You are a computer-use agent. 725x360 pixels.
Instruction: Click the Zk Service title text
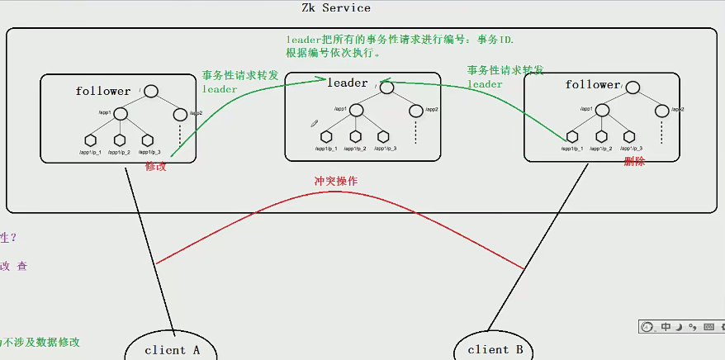pyautogui.click(x=335, y=8)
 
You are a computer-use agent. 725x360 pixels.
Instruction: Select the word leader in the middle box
pyautogui.click(x=347, y=83)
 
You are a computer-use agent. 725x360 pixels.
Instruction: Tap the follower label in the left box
pyautogui.click(x=103, y=91)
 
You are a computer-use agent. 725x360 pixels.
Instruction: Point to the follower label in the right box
pyautogui.click(x=592, y=84)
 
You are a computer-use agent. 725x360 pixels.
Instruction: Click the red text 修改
pyautogui.click(x=156, y=166)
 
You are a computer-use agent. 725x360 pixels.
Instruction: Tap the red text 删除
pyautogui.click(x=634, y=162)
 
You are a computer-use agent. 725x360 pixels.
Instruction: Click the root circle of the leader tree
pyautogui.click(x=386, y=88)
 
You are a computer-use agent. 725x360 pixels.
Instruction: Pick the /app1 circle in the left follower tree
pyautogui.click(x=120, y=113)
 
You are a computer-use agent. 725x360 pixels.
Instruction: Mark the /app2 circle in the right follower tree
pyautogui.click(x=661, y=110)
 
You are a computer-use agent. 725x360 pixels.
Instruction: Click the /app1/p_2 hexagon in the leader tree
pyautogui.click(x=355, y=137)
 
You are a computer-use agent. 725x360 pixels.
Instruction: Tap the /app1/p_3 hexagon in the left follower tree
pyautogui.click(x=148, y=140)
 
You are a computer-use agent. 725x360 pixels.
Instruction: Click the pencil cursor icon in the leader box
pyautogui.click(x=314, y=124)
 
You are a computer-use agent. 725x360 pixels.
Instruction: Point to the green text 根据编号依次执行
pyautogui.click(x=334, y=53)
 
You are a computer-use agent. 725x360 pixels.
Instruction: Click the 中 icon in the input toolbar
pyautogui.click(x=666, y=328)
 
